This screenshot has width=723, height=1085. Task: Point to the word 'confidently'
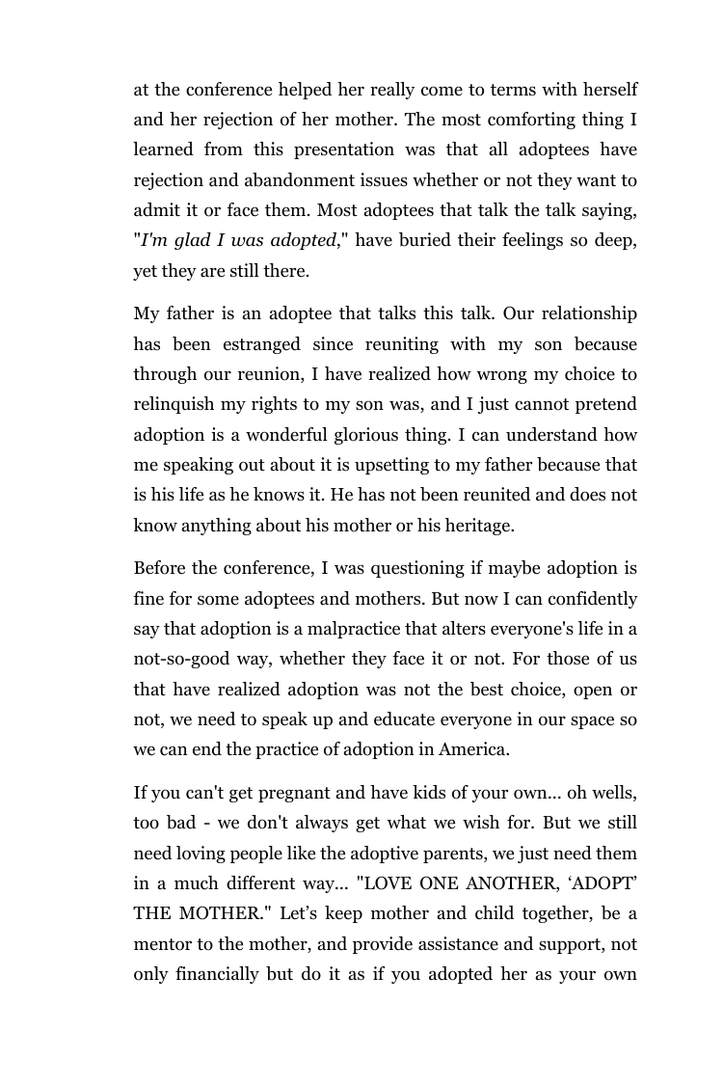pos(591,599)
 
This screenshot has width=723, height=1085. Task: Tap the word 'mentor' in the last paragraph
pos(163,944)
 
